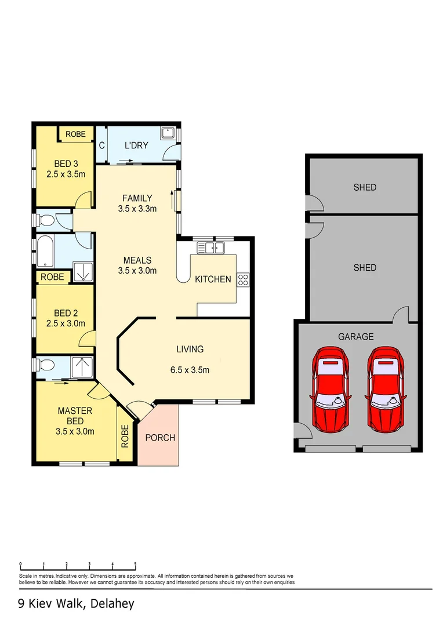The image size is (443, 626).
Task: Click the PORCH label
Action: click(x=159, y=438)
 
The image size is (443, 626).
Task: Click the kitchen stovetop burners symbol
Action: click(x=243, y=280)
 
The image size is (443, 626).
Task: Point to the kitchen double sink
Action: click(x=211, y=248)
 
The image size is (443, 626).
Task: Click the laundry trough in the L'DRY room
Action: click(x=168, y=133)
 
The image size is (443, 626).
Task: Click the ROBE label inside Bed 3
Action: click(x=75, y=134)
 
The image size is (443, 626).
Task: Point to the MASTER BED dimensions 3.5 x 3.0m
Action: click(x=75, y=431)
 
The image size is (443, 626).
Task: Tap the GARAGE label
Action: click(x=356, y=336)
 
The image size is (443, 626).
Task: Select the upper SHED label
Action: click(x=365, y=187)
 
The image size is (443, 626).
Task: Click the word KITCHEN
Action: click(x=213, y=279)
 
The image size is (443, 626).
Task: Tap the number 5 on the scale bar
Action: click(x=135, y=563)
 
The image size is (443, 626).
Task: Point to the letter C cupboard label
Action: click(x=101, y=145)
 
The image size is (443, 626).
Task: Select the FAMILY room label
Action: click(x=137, y=198)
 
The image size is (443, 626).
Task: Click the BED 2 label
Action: click(x=66, y=314)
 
